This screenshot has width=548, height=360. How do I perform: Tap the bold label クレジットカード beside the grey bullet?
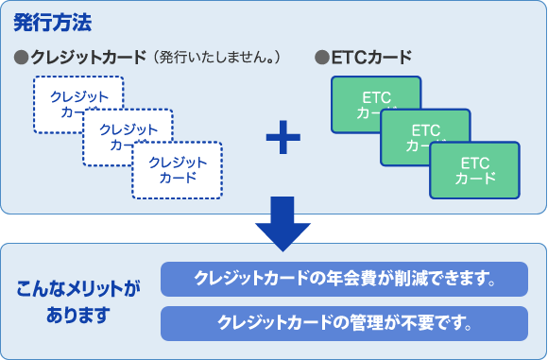pyautogui.click(x=87, y=57)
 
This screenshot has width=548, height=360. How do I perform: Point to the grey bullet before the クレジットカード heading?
pyautogui.click(x=22, y=57)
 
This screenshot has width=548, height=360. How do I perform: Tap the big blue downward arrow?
pyautogui.click(x=283, y=225)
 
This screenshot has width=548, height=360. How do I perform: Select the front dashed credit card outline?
pyautogui.click(x=177, y=171)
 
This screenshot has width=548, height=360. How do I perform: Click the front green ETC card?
pyautogui.click(x=474, y=171)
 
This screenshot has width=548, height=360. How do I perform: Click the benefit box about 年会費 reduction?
pyautogui.click(x=344, y=279)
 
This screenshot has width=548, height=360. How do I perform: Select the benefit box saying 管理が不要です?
pyautogui.click(x=344, y=322)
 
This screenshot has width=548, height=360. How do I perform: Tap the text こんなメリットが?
pyautogui.click(x=77, y=287)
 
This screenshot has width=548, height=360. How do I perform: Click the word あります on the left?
pyautogui.click(x=77, y=313)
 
